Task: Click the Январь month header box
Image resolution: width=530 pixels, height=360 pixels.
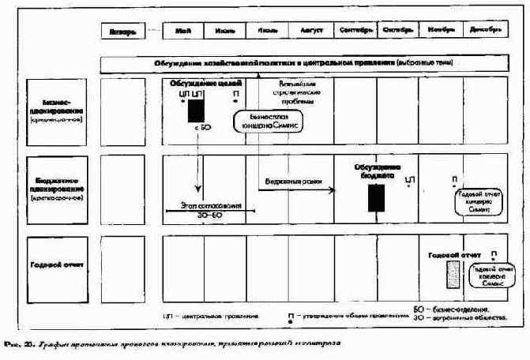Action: (x=122, y=32)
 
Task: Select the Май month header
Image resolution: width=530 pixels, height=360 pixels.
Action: (x=184, y=31)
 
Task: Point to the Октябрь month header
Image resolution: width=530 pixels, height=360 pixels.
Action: (x=397, y=31)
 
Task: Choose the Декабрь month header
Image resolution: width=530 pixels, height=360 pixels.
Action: (x=483, y=31)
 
